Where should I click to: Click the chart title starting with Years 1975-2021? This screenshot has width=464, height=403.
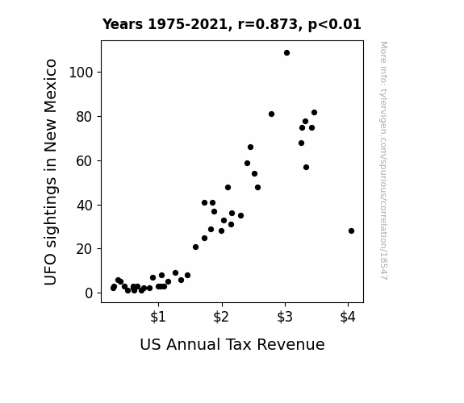coord(232,24)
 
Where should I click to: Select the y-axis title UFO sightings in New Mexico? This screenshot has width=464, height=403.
coord(50,172)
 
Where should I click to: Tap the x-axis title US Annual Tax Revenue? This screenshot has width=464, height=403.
coord(232,344)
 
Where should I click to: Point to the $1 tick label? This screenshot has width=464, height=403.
coord(158,317)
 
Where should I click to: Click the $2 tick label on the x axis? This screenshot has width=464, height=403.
coord(221,317)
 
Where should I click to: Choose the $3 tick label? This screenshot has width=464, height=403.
coord(285,317)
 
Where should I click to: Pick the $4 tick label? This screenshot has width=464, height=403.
coord(348,317)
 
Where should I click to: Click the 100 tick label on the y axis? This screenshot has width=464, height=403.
coord(81,73)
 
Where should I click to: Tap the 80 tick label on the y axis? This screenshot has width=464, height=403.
coord(85,117)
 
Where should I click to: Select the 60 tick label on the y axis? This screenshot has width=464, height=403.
coord(85,161)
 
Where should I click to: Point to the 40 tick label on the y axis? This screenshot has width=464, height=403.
coord(85,206)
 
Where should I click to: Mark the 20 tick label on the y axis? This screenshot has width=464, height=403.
coord(85,249)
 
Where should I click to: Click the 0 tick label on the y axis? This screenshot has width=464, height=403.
coord(89,293)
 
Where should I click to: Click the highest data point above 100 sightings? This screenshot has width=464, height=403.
coord(286,53)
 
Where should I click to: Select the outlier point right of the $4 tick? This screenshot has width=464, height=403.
coord(351,231)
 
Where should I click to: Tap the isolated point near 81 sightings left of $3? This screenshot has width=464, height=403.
coord(271,114)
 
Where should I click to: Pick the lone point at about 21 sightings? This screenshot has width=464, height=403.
coord(195,247)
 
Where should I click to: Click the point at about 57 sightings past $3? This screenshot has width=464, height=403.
coord(307,168)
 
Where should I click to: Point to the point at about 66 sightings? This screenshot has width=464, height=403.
coord(250,147)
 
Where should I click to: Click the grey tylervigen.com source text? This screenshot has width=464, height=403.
coord(383,160)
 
